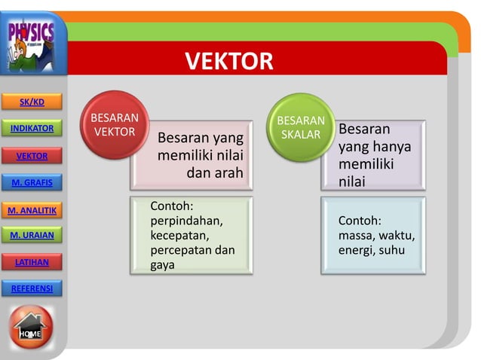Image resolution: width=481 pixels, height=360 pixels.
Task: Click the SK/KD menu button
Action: coord(31,102)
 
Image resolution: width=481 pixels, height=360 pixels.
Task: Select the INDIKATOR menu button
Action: coord(32,128)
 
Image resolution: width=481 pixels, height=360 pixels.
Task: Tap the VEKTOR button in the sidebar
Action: coord(32,156)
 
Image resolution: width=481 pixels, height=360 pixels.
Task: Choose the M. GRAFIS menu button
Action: coord(31,182)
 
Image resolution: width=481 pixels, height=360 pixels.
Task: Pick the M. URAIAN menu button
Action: coord(32,236)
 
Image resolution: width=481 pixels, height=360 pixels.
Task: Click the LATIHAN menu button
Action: coord(31,262)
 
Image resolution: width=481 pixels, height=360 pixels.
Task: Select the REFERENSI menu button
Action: coord(32,288)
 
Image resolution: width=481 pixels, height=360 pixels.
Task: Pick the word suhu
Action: coord(400,249)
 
